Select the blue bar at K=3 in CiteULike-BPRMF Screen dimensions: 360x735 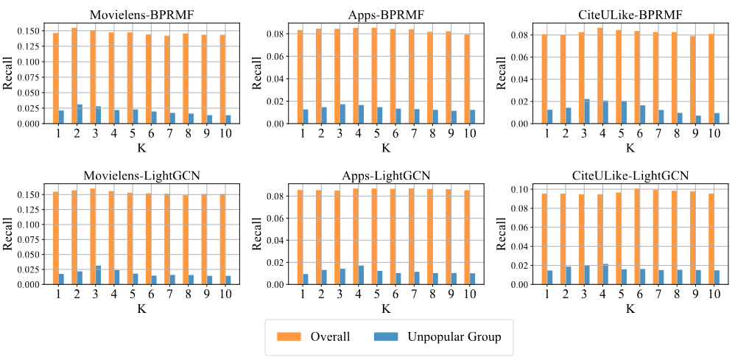(x=586, y=111)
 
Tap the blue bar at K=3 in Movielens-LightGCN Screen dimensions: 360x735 (x=99, y=275)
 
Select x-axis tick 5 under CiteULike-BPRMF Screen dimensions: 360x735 (x=621, y=134)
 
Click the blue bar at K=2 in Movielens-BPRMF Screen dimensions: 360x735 (x=80, y=114)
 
